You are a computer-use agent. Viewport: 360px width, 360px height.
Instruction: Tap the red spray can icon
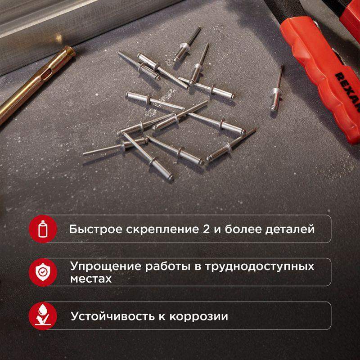click(43, 229)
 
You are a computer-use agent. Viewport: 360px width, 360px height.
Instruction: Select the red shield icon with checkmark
click(43, 272)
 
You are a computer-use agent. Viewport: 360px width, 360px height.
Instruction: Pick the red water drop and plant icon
click(43, 316)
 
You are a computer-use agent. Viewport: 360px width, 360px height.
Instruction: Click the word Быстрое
click(95, 229)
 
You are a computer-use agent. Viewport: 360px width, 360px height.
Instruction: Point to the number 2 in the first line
click(206, 229)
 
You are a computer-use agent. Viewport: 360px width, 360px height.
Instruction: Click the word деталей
click(290, 230)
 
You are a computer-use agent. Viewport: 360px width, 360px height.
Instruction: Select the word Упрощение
click(106, 266)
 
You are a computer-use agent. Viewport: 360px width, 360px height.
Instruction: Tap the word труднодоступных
click(259, 267)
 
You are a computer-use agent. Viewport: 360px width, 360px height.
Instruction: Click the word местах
click(91, 279)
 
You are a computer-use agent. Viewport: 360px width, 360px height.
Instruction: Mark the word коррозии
click(198, 317)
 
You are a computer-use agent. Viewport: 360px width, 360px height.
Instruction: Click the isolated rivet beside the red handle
click(277, 89)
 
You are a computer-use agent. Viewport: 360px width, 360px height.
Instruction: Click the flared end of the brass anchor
click(69, 52)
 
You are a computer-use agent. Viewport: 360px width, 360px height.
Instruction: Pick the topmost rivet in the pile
click(187, 44)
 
